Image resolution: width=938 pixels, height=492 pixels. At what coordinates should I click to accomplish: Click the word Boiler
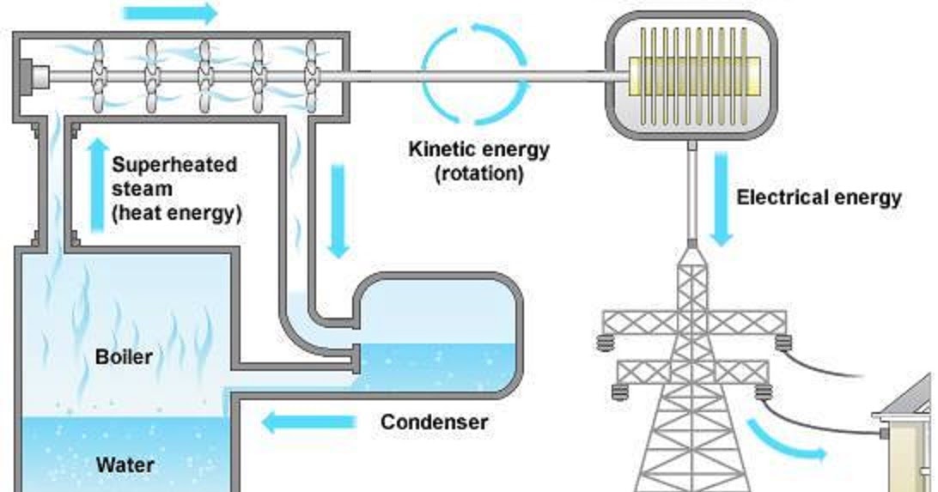tap(125, 355)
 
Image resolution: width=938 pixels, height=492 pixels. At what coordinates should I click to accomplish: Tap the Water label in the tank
tap(125, 465)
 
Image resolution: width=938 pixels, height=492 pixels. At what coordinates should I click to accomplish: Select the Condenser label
tap(434, 422)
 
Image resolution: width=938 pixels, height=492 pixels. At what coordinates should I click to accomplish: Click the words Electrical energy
tap(819, 197)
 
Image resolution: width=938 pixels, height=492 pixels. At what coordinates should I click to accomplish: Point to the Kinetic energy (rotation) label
tap(478, 161)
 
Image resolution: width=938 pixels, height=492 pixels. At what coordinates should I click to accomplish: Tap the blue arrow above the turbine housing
tap(171, 13)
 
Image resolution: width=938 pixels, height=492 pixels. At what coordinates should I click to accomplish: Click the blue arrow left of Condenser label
tap(308, 422)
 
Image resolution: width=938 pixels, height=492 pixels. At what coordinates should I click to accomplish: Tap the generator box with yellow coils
tap(692, 76)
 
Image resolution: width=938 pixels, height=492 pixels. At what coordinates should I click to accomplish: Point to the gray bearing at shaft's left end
tap(36, 76)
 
